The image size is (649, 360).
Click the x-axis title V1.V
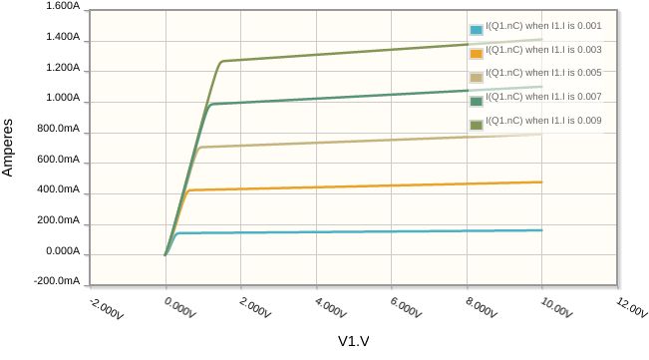tap(353, 342)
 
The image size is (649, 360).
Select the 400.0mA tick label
tap(57, 190)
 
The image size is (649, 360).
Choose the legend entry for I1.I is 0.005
tap(543, 76)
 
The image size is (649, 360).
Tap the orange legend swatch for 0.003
tap(478, 53)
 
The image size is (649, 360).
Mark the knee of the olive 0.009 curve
tap(220, 62)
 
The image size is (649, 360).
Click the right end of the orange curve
tap(541, 182)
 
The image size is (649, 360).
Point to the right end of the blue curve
tap(541, 230)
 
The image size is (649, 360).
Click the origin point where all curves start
tap(165, 254)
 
